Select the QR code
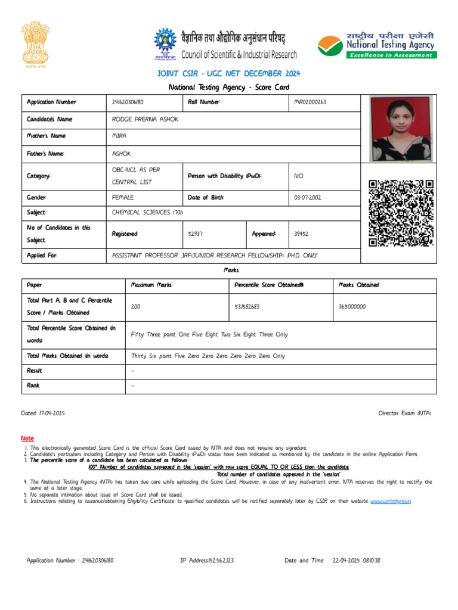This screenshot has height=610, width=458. coord(401,213)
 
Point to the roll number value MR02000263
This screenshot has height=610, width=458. coord(311,102)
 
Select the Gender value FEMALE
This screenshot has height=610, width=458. coord(123,197)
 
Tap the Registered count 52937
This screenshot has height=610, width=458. coord(196,234)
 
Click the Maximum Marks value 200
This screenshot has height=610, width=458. coord(136,306)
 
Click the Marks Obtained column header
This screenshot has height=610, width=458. coord(359,285)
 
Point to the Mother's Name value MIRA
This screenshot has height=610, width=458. coord(119,136)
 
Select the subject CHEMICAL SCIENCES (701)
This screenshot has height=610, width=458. coord(147,212)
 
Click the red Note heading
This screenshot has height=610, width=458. coord(28,438)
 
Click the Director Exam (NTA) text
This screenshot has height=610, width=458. coord(405,413)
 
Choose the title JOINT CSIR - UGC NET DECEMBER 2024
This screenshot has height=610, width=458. coord(229,73)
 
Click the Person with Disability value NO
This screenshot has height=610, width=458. coord(299,176)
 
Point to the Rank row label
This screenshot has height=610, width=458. coord(33,385)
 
